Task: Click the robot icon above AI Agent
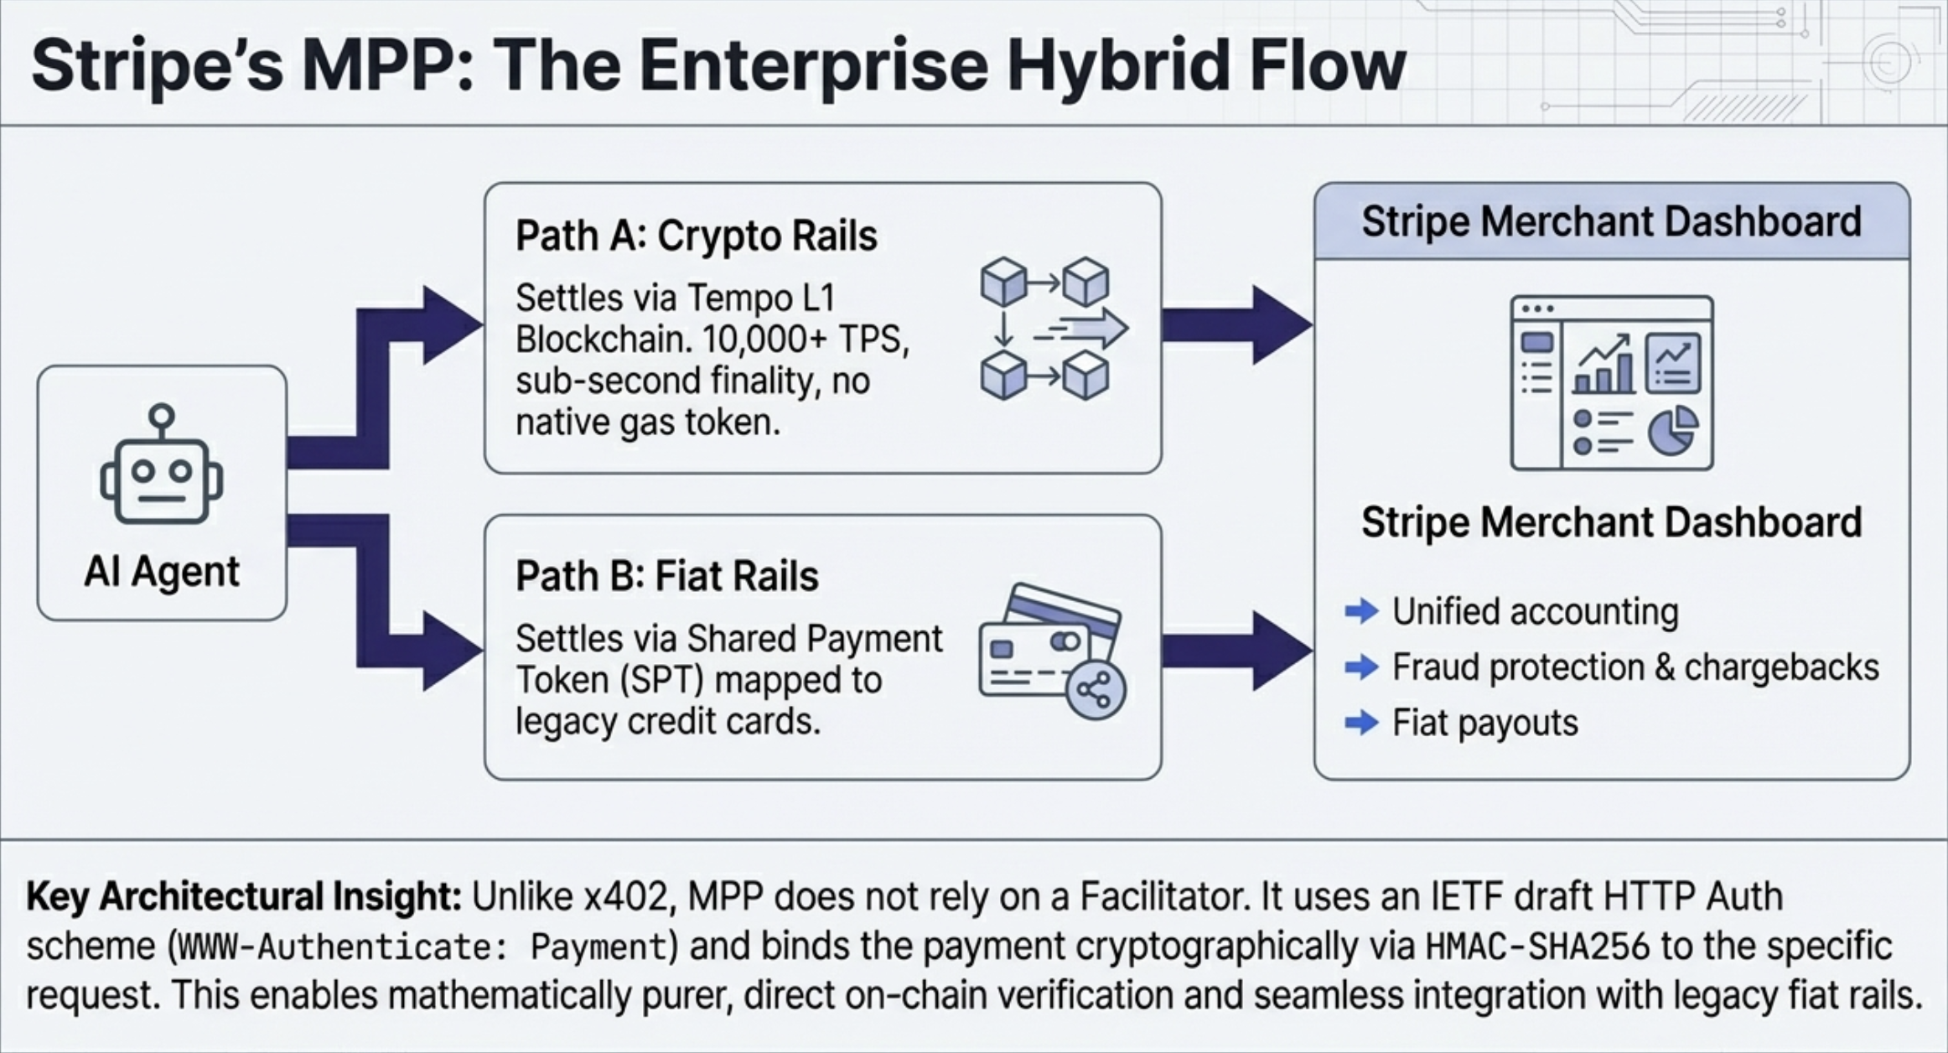pyautogui.click(x=161, y=465)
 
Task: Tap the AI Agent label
pyautogui.click(x=162, y=572)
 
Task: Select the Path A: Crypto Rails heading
pyautogui.click(x=696, y=236)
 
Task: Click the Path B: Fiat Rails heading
pyautogui.click(x=666, y=576)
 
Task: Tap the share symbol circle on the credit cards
pyautogui.click(x=1095, y=690)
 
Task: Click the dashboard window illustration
pyautogui.click(x=1611, y=382)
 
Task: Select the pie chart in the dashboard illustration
pyautogui.click(x=1672, y=431)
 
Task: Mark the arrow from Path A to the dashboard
pyautogui.click(x=1237, y=325)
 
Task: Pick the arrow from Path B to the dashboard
pyautogui.click(x=1237, y=651)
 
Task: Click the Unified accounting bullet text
pyautogui.click(x=1535, y=612)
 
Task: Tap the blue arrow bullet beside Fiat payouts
pyautogui.click(x=1361, y=723)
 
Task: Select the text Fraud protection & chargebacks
pyautogui.click(x=1635, y=667)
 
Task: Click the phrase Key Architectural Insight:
pyautogui.click(x=244, y=897)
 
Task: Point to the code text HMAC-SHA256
pyautogui.click(x=1537, y=947)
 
